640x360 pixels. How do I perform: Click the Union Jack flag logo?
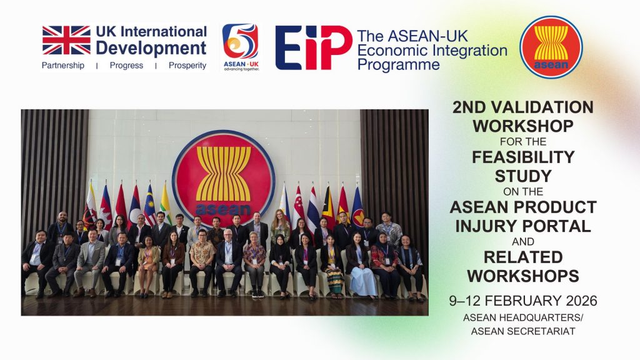tap(66, 40)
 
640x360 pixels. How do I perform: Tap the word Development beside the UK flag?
tap(151, 49)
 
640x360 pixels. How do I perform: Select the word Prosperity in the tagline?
tap(187, 65)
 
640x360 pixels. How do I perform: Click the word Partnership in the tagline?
tap(63, 65)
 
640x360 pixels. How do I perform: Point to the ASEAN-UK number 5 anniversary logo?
tap(241, 47)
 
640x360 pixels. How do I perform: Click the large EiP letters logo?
tap(314, 47)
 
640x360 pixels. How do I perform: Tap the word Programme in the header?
tap(398, 65)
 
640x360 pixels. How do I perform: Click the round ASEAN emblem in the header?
tap(551, 47)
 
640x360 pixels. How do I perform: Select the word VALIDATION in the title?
tap(543, 107)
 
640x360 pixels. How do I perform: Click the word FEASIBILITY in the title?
tap(523, 157)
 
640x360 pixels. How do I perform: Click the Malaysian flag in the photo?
tap(150, 205)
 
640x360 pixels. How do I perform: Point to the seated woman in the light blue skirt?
tap(359, 265)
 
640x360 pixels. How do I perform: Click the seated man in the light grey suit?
tap(89, 262)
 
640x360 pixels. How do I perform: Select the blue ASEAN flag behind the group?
tap(357, 207)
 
